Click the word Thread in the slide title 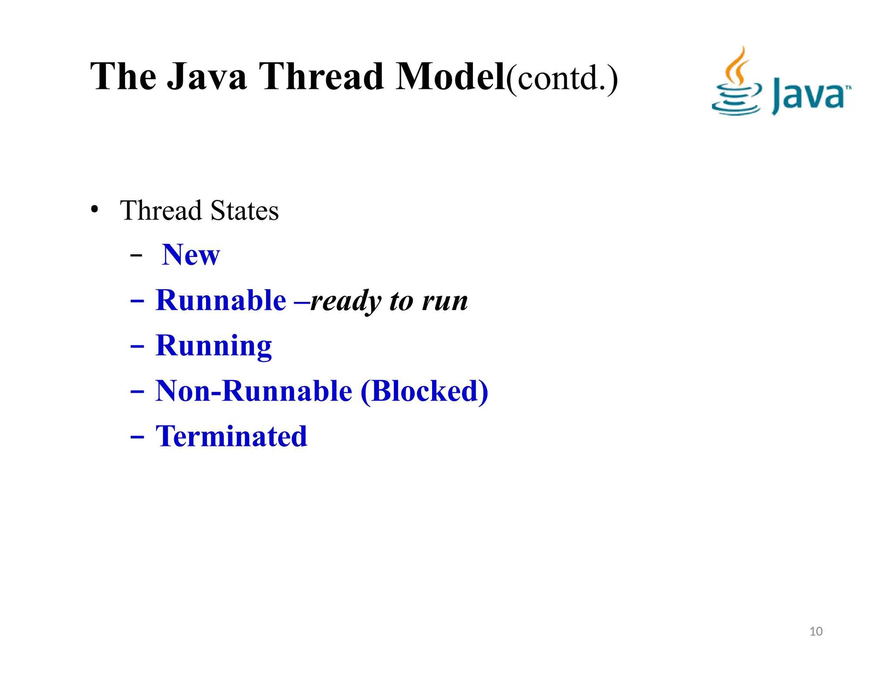point(321,77)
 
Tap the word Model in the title point(450,77)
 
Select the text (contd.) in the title point(562,78)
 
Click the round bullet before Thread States point(95,209)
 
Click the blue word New point(191,255)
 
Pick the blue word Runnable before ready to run point(221,300)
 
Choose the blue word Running point(213,346)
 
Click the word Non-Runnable point(253,391)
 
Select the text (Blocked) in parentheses point(424,391)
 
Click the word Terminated point(231,436)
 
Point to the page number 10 point(816,631)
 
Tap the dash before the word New point(136,256)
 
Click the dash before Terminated point(137,437)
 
